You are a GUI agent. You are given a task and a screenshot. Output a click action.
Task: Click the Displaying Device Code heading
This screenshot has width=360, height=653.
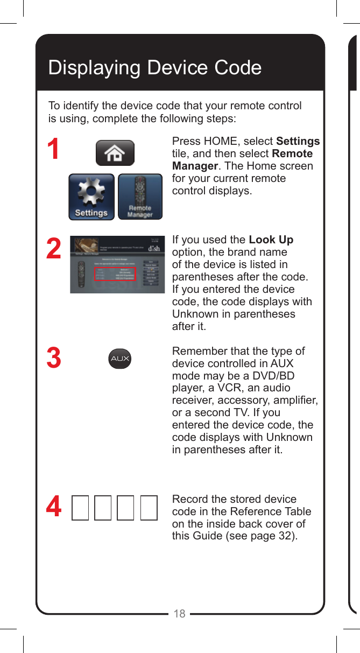click(155, 68)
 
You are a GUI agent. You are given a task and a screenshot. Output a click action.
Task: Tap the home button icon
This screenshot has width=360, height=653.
click(115, 153)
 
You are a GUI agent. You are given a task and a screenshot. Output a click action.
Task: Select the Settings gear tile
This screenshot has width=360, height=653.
click(91, 197)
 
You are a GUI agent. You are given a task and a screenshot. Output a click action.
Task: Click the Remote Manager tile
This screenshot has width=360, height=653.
click(140, 197)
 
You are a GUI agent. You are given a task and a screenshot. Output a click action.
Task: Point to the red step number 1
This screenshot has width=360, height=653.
click(53, 150)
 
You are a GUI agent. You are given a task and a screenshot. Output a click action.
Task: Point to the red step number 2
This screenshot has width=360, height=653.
click(53, 249)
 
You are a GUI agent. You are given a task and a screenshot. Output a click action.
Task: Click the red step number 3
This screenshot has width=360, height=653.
click(53, 359)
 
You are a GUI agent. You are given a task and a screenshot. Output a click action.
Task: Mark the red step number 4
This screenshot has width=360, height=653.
click(53, 508)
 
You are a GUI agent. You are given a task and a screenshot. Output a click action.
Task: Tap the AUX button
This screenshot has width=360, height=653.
click(119, 359)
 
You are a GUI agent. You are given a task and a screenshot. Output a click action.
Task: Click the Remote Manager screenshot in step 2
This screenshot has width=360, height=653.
click(117, 264)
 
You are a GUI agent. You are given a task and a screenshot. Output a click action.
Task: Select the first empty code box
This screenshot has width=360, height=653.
click(80, 508)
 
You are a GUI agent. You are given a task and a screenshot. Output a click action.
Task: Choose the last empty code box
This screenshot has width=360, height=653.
click(149, 508)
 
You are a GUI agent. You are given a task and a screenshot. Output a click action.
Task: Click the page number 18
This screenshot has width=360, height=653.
click(179, 614)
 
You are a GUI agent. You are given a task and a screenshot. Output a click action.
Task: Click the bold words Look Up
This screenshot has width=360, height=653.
click(271, 240)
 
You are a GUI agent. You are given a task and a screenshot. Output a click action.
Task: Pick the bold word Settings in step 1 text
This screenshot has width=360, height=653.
click(298, 142)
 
